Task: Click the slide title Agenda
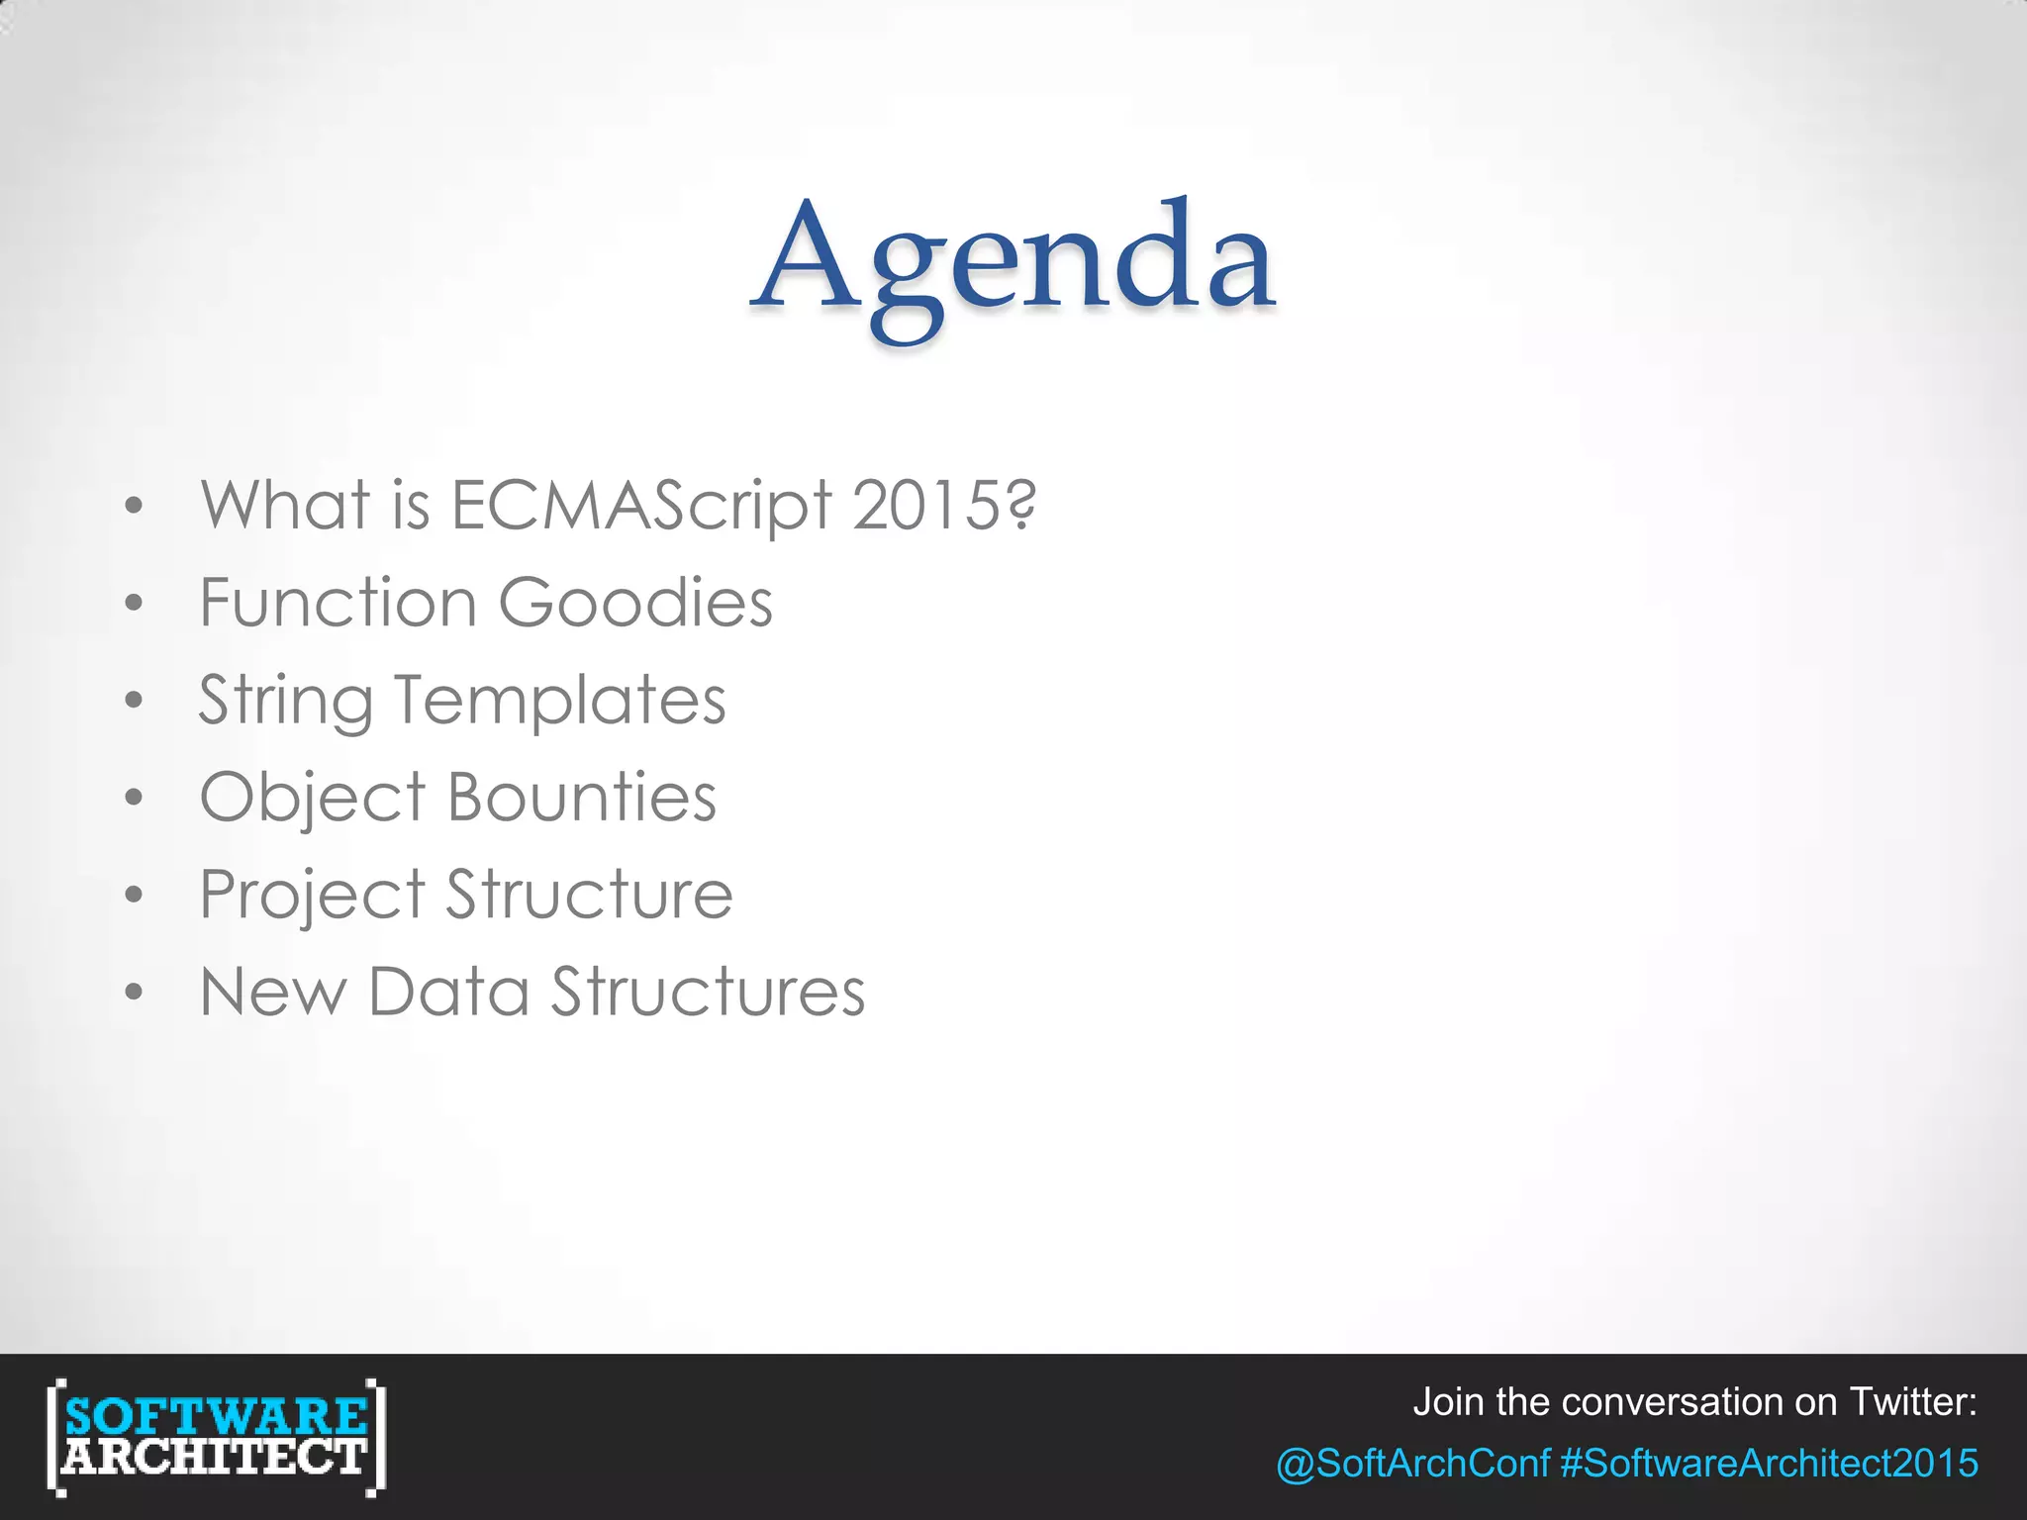1013,259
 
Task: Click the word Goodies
635,603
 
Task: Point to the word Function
338,603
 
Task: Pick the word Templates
560,701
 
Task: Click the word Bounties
582,798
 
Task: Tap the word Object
313,798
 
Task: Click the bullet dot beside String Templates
135,701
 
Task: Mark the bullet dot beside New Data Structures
135,992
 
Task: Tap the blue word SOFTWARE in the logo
216,1415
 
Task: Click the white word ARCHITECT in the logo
216,1457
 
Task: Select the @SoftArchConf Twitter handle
1412,1463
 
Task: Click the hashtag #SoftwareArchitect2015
1769,1463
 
